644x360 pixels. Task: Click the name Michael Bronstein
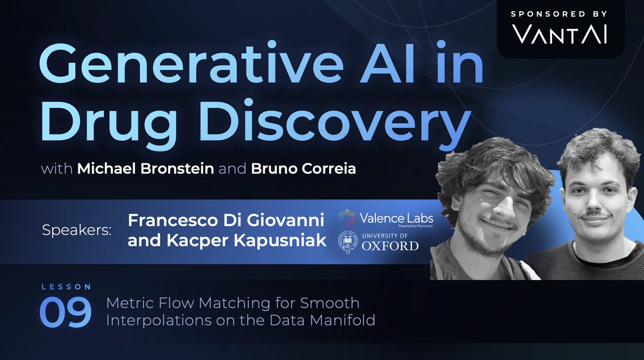pyautogui.click(x=146, y=169)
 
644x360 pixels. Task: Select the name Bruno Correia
pyautogui.click(x=303, y=169)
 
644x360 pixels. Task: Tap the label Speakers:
pyautogui.click(x=76, y=231)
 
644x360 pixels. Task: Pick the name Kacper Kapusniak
pyautogui.click(x=227, y=240)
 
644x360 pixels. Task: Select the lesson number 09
pyautogui.click(x=65, y=313)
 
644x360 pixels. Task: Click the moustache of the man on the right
pyautogui.click(x=594, y=218)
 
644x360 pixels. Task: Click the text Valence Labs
pyautogui.click(x=396, y=218)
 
